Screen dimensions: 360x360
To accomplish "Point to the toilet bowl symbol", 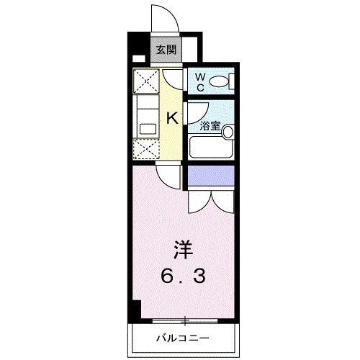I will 222,80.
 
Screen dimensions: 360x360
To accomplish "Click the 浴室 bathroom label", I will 210,125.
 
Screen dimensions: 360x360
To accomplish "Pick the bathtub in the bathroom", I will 210,148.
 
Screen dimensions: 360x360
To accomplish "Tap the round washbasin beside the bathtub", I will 228,132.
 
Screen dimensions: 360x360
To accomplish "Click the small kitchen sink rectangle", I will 148,129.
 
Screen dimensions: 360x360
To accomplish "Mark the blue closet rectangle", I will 211,175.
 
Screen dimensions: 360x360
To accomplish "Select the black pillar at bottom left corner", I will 134,310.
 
